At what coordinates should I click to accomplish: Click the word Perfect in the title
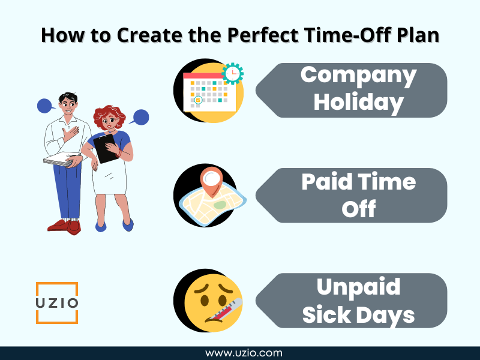[x=263, y=35]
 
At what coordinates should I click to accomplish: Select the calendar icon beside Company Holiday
[x=209, y=92]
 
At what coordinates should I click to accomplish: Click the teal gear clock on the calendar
[x=233, y=73]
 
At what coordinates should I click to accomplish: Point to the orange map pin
[x=211, y=182]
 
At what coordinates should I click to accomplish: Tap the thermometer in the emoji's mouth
[x=224, y=310]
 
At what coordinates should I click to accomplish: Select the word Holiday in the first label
[x=358, y=103]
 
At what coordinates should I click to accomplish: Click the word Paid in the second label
[x=326, y=182]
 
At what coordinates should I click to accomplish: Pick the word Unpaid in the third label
[x=358, y=287]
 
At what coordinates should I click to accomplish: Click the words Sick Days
[x=358, y=314]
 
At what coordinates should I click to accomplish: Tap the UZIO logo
[x=57, y=303]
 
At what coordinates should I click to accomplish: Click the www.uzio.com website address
[x=244, y=353]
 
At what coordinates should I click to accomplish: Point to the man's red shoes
[x=65, y=227]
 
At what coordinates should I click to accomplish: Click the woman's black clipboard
[x=106, y=149]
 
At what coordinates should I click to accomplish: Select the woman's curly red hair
[x=109, y=116]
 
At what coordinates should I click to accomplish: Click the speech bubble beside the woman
[x=140, y=117]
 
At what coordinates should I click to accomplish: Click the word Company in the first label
[x=358, y=76]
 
